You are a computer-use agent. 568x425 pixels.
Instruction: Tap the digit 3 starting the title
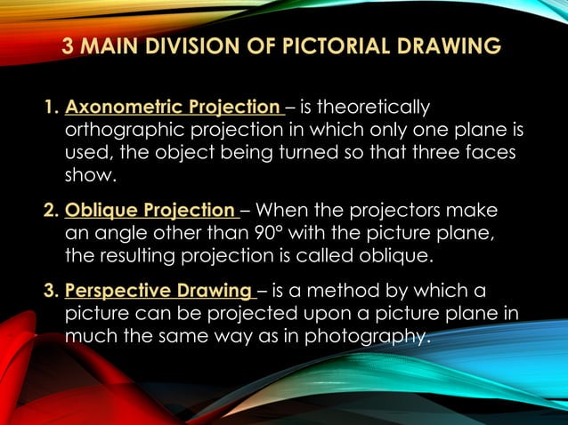click(69, 46)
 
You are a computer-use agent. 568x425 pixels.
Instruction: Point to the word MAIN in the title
click(110, 46)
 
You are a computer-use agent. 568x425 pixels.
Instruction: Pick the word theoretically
click(373, 108)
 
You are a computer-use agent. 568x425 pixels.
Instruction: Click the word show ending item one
click(90, 176)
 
